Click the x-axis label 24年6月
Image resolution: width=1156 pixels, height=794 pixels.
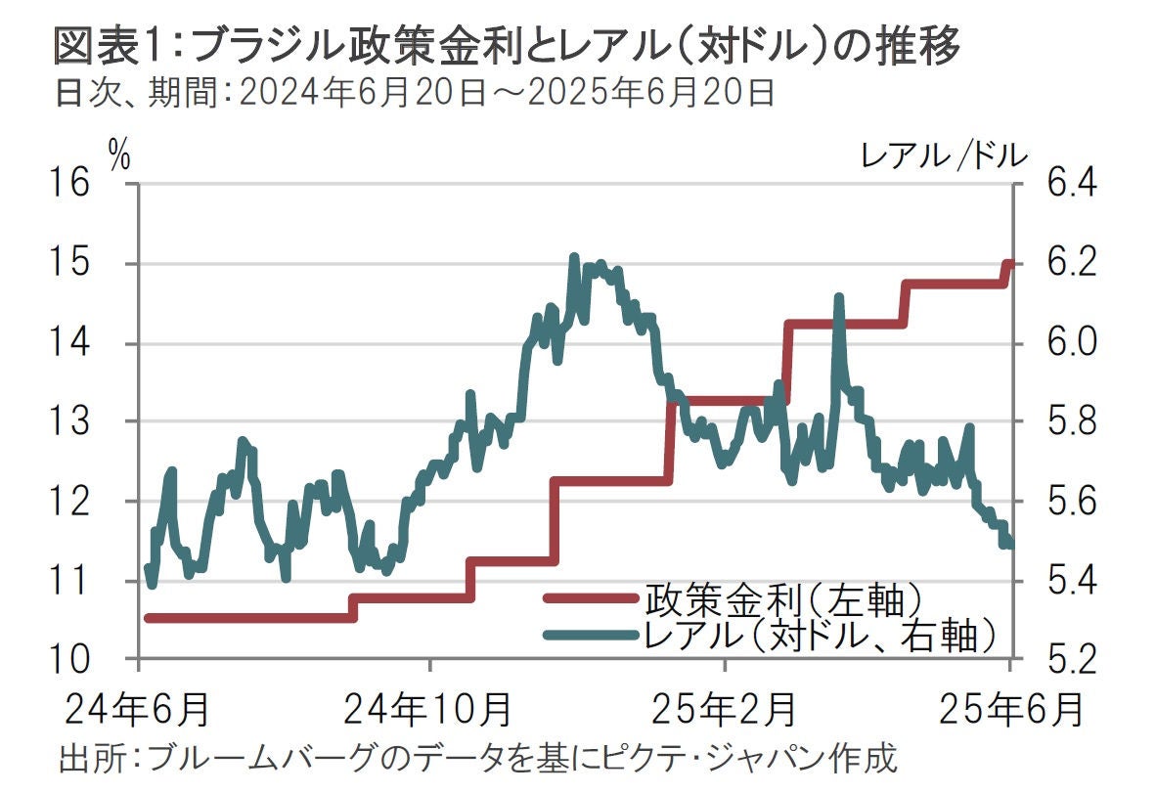[x=138, y=707]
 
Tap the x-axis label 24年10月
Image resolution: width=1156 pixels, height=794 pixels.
[x=431, y=707]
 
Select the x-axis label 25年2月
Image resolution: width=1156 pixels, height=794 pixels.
[x=723, y=707]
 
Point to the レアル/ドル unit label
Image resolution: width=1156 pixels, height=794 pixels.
[x=944, y=154]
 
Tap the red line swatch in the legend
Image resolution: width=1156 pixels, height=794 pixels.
[x=592, y=596]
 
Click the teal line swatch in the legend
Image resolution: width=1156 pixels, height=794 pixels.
[x=592, y=636]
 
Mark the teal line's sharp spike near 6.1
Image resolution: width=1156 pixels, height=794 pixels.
[x=838, y=297]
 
